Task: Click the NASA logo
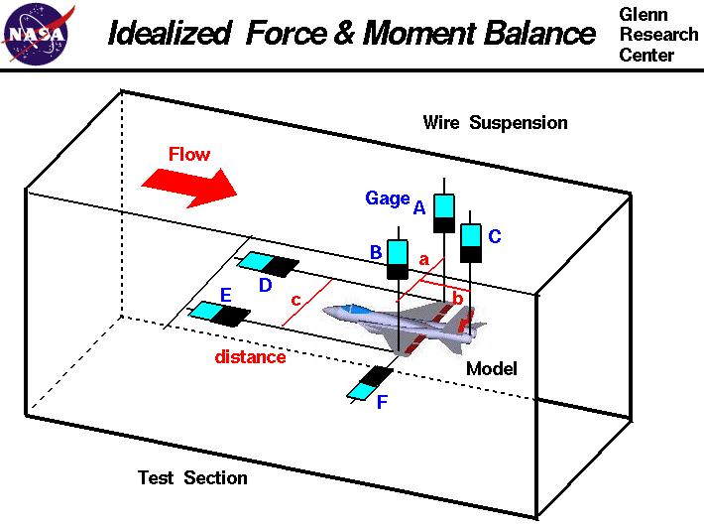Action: pos(37,34)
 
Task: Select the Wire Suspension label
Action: pos(495,123)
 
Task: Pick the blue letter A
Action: pos(418,207)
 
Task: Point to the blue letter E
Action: pos(225,295)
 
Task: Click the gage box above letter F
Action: pos(370,382)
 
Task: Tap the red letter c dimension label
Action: pos(295,300)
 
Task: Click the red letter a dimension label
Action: pos(424,260)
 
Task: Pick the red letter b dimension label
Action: pos(457,297)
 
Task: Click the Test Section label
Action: pos(192,478)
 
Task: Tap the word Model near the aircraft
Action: pos(492,369)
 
